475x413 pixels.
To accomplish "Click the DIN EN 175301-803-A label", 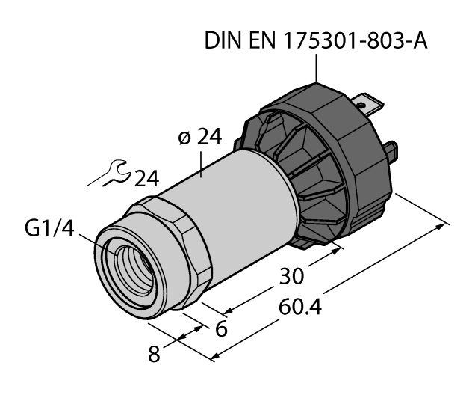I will (316, 42).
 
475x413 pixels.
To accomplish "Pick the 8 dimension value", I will (155, 353).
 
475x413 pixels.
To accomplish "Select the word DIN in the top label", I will (223, 42).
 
